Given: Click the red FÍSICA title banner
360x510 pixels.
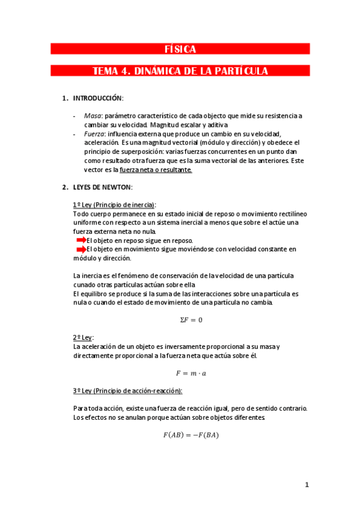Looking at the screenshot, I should click(180, 49).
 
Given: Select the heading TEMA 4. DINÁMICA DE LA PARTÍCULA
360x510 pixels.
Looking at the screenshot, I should click(180, 71).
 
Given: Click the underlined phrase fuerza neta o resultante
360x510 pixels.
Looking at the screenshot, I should click(156, 170).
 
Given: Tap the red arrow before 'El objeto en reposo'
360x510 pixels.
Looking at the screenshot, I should click(80, 240).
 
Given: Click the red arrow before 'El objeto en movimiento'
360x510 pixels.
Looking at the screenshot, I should click(80, 249).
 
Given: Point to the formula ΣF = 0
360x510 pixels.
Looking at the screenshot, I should click(192, 320).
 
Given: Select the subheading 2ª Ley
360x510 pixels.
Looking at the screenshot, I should click(83, 337).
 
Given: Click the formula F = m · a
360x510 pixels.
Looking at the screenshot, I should click(192, 373).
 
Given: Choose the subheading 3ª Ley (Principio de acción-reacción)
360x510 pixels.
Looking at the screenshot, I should click(127, 391).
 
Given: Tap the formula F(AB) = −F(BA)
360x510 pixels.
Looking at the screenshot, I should click(192, 435).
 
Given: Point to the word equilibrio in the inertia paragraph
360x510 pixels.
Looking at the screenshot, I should click(93, 293).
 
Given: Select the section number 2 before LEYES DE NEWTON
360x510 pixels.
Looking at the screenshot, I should click(64, 187).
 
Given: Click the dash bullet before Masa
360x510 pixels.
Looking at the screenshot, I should click(74, 115).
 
